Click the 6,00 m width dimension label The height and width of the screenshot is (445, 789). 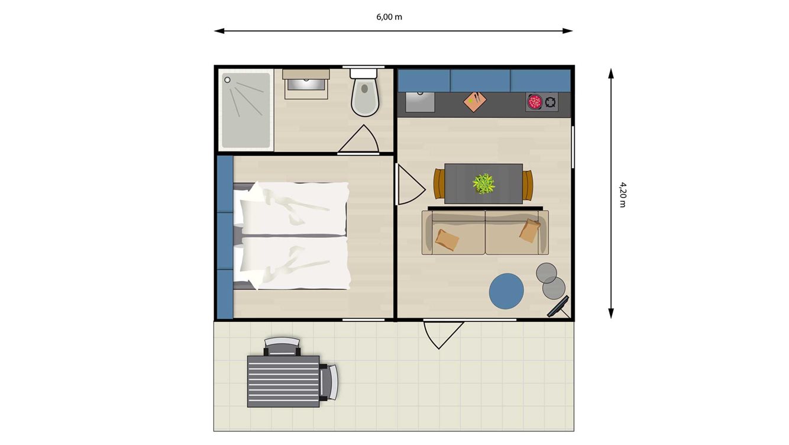pos(389,17)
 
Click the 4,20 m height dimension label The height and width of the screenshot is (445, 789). pos(622,194)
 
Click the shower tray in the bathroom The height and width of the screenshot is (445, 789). pos(245,110)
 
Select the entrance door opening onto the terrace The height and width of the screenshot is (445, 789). pos(442,334)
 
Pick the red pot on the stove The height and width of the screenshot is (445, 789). pos(535,102)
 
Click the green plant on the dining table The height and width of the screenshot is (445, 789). pos(484,183)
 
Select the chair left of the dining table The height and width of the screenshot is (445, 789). pos(438,184)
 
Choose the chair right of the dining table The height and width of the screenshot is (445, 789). pos(528,185)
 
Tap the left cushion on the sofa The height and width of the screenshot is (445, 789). pos(447,240)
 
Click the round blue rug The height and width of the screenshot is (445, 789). pos(506,291)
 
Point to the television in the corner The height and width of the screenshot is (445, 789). pos(558,306)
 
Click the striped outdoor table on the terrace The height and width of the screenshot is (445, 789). pos(283,381)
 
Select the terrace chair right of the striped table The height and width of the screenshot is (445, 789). pos(329,382)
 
